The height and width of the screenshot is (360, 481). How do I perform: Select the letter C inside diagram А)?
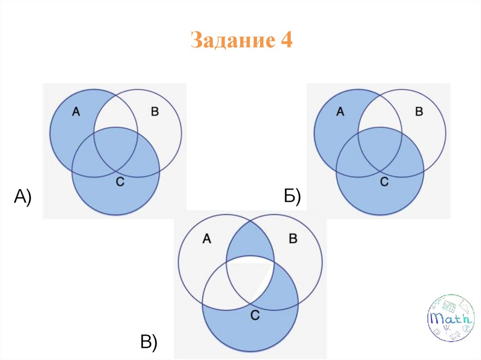pos(120,182)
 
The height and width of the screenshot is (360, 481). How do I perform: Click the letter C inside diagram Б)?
pos(384,182)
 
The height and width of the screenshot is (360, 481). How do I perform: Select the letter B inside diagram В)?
pos(292,239)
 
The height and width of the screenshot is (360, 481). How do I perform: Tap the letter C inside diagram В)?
pos(255,315)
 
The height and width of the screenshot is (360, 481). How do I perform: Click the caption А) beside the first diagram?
pos(23,197)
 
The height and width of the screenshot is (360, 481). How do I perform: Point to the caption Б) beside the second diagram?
pos(292,197)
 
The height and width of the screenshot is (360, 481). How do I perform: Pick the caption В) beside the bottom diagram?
pos(148,342)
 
